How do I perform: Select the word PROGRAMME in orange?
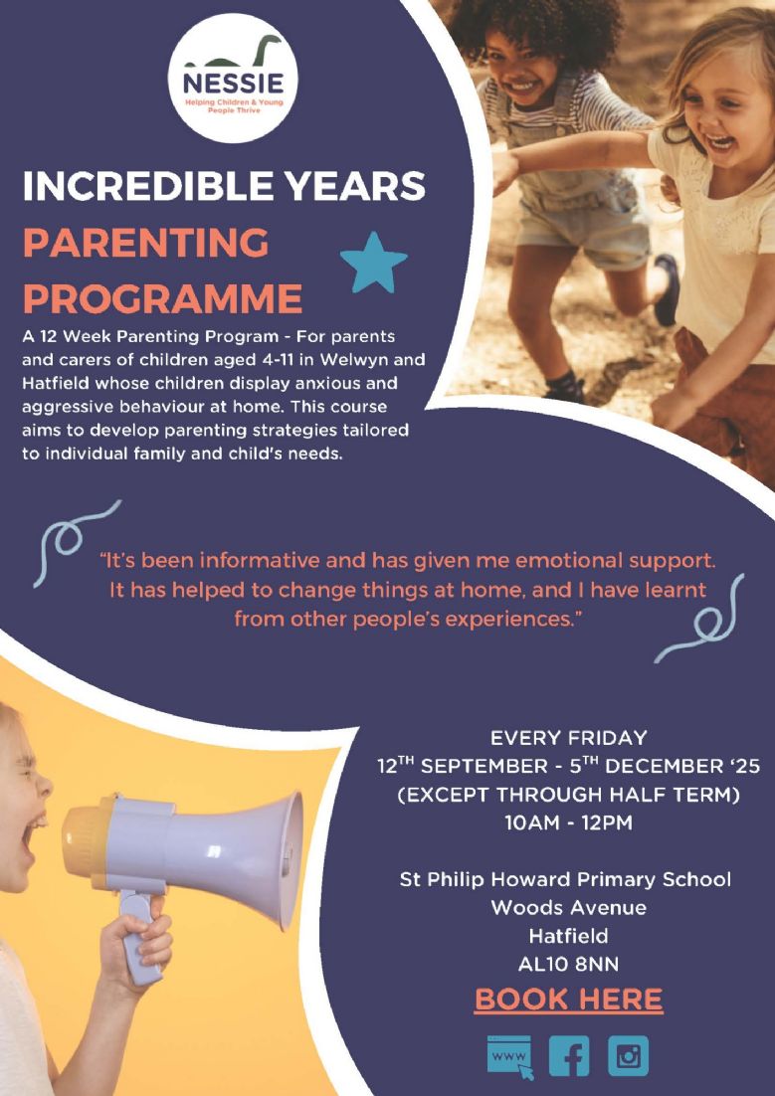(162, 299)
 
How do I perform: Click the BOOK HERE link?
(569, 999)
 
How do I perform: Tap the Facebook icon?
(569, 1055)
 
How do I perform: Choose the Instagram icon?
(628, 1055)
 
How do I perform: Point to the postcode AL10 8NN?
(568, 965)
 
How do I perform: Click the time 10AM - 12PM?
(568, 822)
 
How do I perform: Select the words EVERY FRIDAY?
(568, 738)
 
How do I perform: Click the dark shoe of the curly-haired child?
(666, 288)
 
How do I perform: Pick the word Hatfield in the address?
(568, 936)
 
